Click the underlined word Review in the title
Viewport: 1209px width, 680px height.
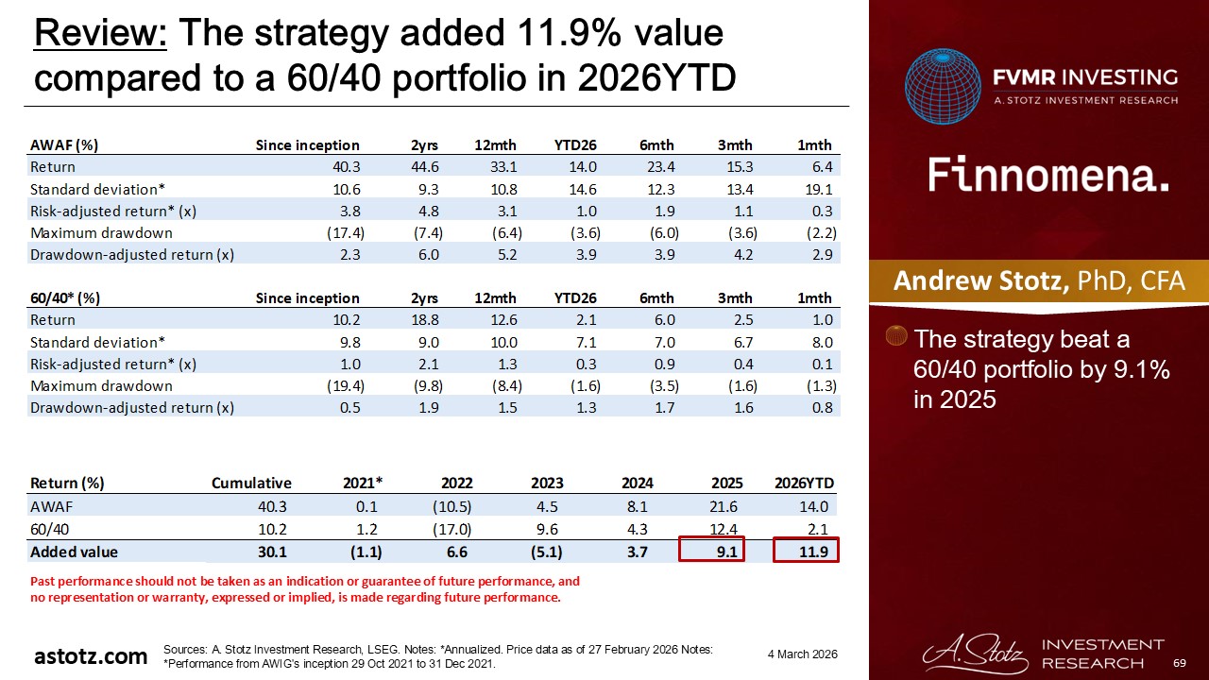pyautogui.click(x=100, y=35)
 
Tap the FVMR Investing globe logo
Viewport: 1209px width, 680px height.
pyautogui.click(x=943, y=87)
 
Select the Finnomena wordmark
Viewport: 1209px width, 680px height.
pyautogui.click(x=1048, y=176)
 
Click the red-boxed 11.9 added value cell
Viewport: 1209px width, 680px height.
pyautogui.click(x=806, y=552)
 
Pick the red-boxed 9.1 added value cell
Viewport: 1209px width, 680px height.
pyautogui.click(x=712, y=552)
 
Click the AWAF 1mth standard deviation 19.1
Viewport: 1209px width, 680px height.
pyautogui.click(x=818, y=189)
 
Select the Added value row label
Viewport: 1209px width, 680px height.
pyautogui.click(x=75, y=552)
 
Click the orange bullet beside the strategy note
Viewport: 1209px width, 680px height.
pyautogui.click(x=898, y=337)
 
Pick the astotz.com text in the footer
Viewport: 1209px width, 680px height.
pyautogui.click(x=91, y=655)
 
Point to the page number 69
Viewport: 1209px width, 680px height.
pyautogui.click(x=1178, y=664)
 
